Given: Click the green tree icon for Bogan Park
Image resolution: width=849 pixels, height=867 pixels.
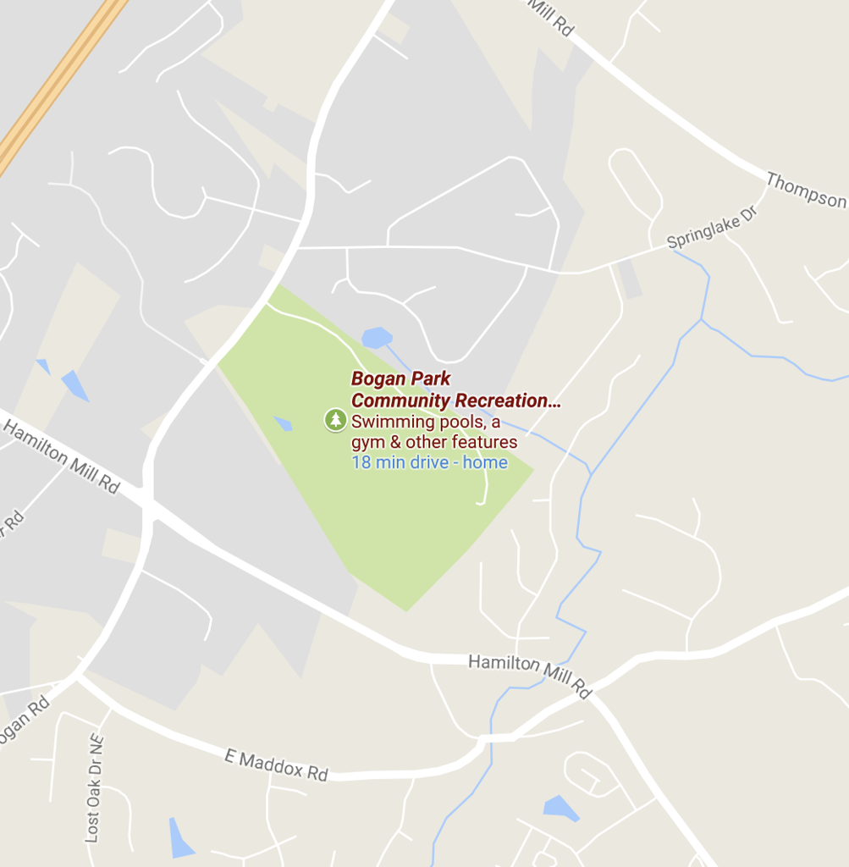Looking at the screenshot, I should (x=336, y=419).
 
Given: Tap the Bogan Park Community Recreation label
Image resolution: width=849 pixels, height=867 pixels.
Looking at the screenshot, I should (x=455, y=389).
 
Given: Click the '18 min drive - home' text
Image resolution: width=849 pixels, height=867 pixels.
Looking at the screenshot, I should (x=429, y=462).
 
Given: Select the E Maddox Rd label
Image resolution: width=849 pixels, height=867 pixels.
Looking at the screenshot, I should (x=276, y=764).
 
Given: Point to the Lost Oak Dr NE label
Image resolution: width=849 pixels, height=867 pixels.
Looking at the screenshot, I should (x=94, y=787).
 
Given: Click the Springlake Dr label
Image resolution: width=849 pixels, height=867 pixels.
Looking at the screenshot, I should (x=711, y=227).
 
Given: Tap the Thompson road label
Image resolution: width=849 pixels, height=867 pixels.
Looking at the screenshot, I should (x=805, y=190).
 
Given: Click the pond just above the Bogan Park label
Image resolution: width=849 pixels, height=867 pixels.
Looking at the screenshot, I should (x=376, y=338).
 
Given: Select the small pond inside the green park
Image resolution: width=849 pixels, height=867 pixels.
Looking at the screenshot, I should (x=283, y=423).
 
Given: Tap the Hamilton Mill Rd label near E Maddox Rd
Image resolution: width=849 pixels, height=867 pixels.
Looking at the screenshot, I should (x=530, y=674).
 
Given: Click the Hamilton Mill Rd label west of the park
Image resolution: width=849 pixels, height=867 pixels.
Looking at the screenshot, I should (x=61, y=456).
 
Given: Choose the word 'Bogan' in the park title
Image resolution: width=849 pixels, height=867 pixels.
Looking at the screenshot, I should (x=378, y=378).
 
